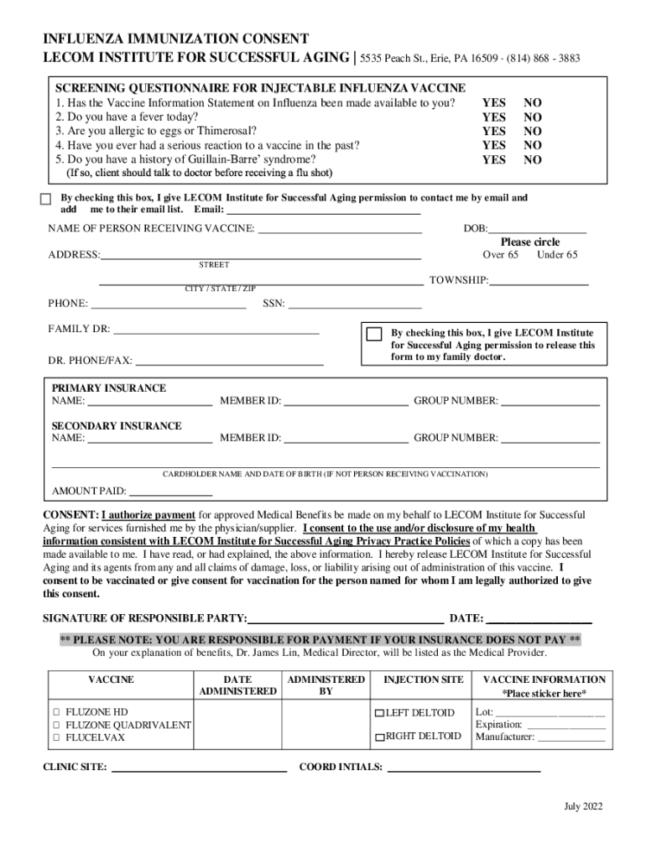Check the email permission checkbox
[x=46, y=200]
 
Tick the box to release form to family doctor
[x=375, y=334]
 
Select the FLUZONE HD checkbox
[x=57, y=711]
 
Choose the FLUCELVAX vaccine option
[x=57, y=737]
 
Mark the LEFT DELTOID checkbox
[x=379, y=712]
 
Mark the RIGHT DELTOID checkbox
[x=379, y=737]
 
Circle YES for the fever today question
[x=493, y=117]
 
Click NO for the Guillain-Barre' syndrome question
[x=533, y=159]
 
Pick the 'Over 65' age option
[x=500, y=254]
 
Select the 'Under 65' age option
[x=557, y=254]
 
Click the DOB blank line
[x=537, y=229]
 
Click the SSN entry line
[x=355, y=304]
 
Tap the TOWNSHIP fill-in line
[x=539, y=281]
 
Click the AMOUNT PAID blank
[x=170, y=492]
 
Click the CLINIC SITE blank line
[x=199, y=767]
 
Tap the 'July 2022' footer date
[x=583, y=807]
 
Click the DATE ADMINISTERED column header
[x=237, y=685]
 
